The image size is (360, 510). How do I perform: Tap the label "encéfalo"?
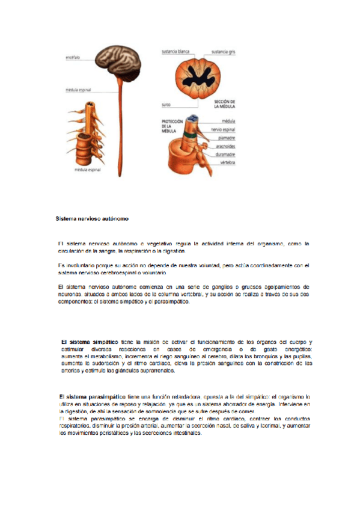point(74,58)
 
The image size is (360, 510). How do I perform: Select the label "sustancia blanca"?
point(175,52)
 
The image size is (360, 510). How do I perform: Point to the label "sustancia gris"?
point(224,52)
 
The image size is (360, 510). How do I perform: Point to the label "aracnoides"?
point(224,146)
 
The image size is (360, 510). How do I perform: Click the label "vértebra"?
point(227,162)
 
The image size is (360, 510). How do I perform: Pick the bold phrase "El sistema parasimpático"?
point(92,396)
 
